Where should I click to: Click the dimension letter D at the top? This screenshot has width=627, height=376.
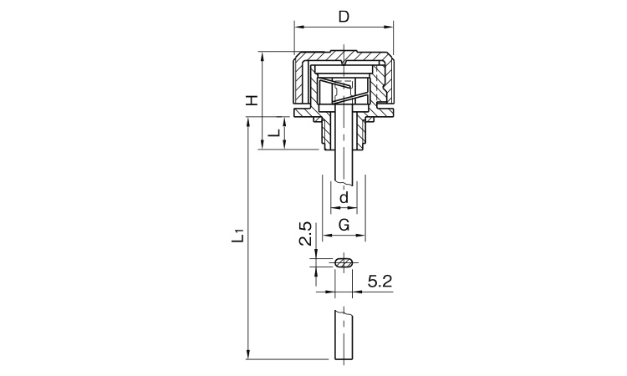point(344,17)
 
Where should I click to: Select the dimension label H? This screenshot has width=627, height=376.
point(251,100)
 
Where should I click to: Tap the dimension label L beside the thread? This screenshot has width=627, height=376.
point(274,133)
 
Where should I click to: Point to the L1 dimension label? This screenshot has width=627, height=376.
point(238,236)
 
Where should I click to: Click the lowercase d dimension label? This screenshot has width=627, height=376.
point(344,197)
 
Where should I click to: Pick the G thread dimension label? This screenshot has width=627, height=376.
point(344,225)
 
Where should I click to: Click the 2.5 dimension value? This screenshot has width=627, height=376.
point(306,233)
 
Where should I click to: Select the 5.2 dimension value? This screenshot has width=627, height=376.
point(380,282)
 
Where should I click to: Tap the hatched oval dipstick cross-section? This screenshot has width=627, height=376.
point(344,262)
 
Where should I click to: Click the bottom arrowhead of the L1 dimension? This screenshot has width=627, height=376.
point(249,355)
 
